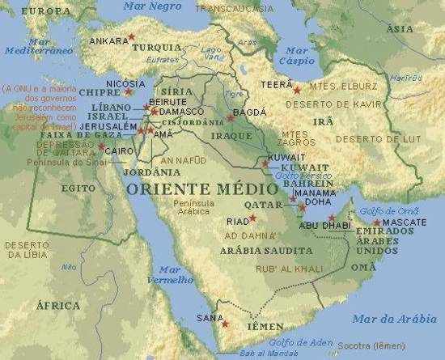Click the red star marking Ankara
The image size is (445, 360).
(131, 37)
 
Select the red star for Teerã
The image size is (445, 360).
(297, 89)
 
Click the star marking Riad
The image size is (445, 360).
(252, 218)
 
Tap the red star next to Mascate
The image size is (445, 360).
(376, 222)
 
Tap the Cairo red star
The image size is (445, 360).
(102, 146)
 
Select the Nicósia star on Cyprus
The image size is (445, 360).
(128, 91)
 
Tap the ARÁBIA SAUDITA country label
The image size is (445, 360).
(256, 251)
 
